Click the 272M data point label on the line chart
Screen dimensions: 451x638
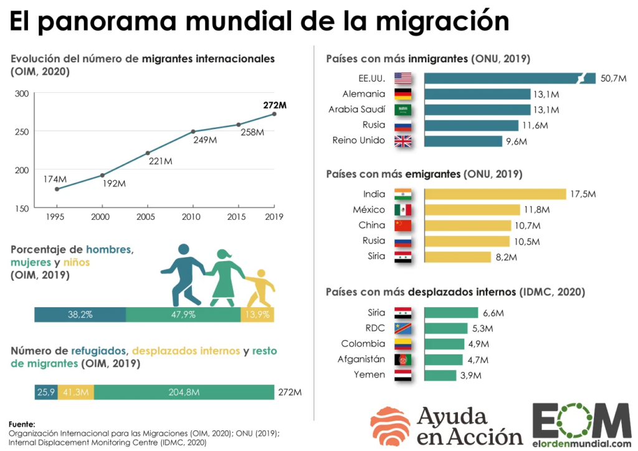(x=274, y=105)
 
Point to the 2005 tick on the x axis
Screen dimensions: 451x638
(x=147, y=217)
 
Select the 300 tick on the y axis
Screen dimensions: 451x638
(x=22, y=93)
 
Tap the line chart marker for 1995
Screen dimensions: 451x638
(x=57, y=189)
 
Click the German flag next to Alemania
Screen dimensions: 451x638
(x=403, y=94)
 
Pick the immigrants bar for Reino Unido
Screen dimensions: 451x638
(x=463, y=141)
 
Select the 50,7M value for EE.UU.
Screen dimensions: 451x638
(x=613, y=78)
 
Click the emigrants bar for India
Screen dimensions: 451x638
(x=495, y=194)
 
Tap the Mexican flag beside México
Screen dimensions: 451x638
(x=403, y=210)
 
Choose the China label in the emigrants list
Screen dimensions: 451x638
(x=371, y=225)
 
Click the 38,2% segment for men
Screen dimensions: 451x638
(x=80, y=315)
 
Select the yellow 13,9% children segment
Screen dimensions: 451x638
(x=257, y=315)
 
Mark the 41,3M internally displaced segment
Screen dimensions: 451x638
(x=76, y=392)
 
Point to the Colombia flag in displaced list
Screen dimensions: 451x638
(x=403, y=344)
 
